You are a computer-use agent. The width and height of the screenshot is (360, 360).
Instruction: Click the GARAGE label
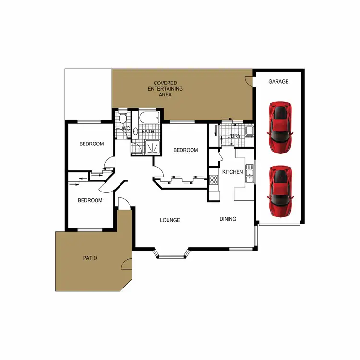(278, 82)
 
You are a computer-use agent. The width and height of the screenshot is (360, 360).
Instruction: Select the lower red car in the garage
(280, 191)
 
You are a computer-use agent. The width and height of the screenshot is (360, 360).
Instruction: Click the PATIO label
(90, 258)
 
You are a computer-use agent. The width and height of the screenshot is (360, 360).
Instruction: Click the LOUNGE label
(170, 220)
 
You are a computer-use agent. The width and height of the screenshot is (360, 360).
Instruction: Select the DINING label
(228, 219)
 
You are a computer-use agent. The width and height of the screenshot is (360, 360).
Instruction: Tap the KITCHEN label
(232, 172)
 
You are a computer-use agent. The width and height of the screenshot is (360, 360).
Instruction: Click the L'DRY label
(233, 137)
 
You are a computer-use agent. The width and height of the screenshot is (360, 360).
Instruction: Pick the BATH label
(147, 131)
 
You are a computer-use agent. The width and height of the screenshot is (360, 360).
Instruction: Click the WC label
(125, 129)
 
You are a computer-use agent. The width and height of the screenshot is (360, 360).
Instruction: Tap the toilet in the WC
(123, 118)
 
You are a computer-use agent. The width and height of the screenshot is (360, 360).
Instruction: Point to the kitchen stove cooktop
(214, 180)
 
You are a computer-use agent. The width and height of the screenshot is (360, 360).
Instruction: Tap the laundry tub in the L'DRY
(249, 131)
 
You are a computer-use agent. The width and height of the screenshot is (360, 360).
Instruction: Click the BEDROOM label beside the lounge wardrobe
(185, 150)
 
